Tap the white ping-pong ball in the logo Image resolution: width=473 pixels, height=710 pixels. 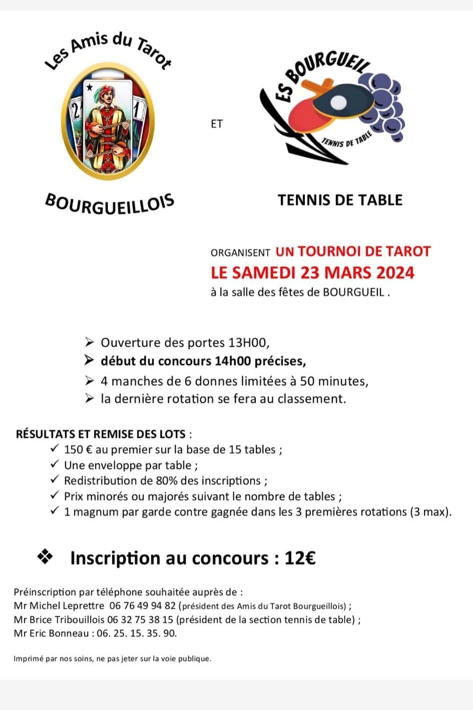(x=339, y=102)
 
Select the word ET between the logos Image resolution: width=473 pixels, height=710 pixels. (x=217, y=124)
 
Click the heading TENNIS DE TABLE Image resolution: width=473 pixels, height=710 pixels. (x=340, y=200)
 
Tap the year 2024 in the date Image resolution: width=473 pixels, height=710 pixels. (x=395, y=272)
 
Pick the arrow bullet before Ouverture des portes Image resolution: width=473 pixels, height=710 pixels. (x=90, y=343)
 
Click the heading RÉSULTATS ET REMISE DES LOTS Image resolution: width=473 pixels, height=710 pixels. (x=101, y=434)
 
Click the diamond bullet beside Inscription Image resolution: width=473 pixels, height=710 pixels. (x=45, y=557)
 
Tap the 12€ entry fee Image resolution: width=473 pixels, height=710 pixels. (x=300, y=558)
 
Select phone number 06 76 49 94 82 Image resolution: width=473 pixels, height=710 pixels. (x=142, y=606)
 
